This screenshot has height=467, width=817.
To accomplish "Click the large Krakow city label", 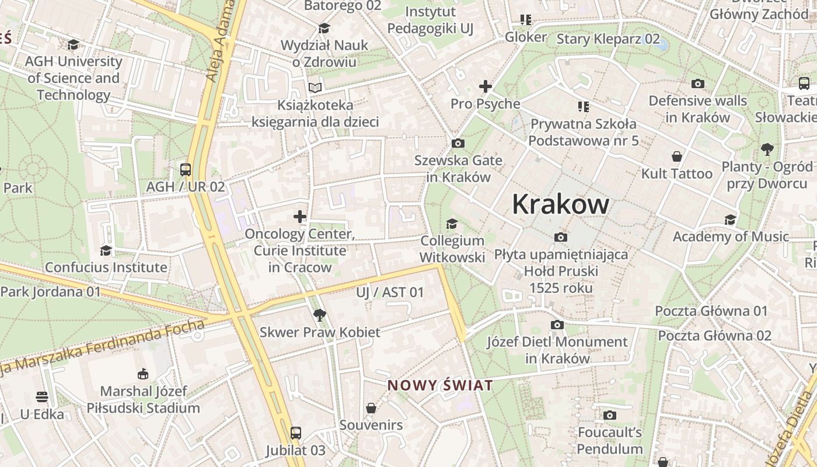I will click(x=560, y=204).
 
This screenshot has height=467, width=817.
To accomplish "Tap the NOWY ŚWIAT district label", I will click(x=440, y=385).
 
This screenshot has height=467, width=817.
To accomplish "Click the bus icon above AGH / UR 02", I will click(x=186, y=170).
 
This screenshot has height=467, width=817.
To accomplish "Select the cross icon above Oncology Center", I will click(x=300, y=217).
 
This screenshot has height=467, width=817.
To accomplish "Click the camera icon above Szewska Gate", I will click(x=458, y=143).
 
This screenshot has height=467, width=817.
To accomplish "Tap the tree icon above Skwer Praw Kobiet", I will click(x=319, y=315).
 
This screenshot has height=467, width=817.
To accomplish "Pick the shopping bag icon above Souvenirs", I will click(x=371, y=408).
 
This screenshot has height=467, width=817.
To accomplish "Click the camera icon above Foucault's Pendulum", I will click(x=610, y=415).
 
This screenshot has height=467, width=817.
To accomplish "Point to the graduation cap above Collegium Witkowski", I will click(x=452, y=224).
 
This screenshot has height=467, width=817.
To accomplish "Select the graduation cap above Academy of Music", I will click(x=730, y=219).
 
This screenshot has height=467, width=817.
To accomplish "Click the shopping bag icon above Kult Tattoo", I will click(x=677, y=156).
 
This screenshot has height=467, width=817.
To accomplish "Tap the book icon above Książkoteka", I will click(x=315, y=88).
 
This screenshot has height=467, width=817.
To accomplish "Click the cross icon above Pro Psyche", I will click(x=485, y=86).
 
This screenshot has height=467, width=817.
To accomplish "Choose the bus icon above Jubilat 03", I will click(x=296, y=433).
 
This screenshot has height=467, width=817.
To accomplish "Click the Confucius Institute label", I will click(x=106, y=267).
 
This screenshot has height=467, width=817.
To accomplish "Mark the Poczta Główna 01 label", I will click(x=711, y=311).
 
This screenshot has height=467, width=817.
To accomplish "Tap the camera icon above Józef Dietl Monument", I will click(x=557, y=325).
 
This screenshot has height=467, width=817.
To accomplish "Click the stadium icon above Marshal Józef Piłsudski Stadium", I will click(x=143, y=374).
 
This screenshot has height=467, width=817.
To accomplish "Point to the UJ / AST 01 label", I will click(x=390, y=292).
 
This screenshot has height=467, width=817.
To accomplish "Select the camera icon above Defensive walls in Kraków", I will click(x=697, y=83).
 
